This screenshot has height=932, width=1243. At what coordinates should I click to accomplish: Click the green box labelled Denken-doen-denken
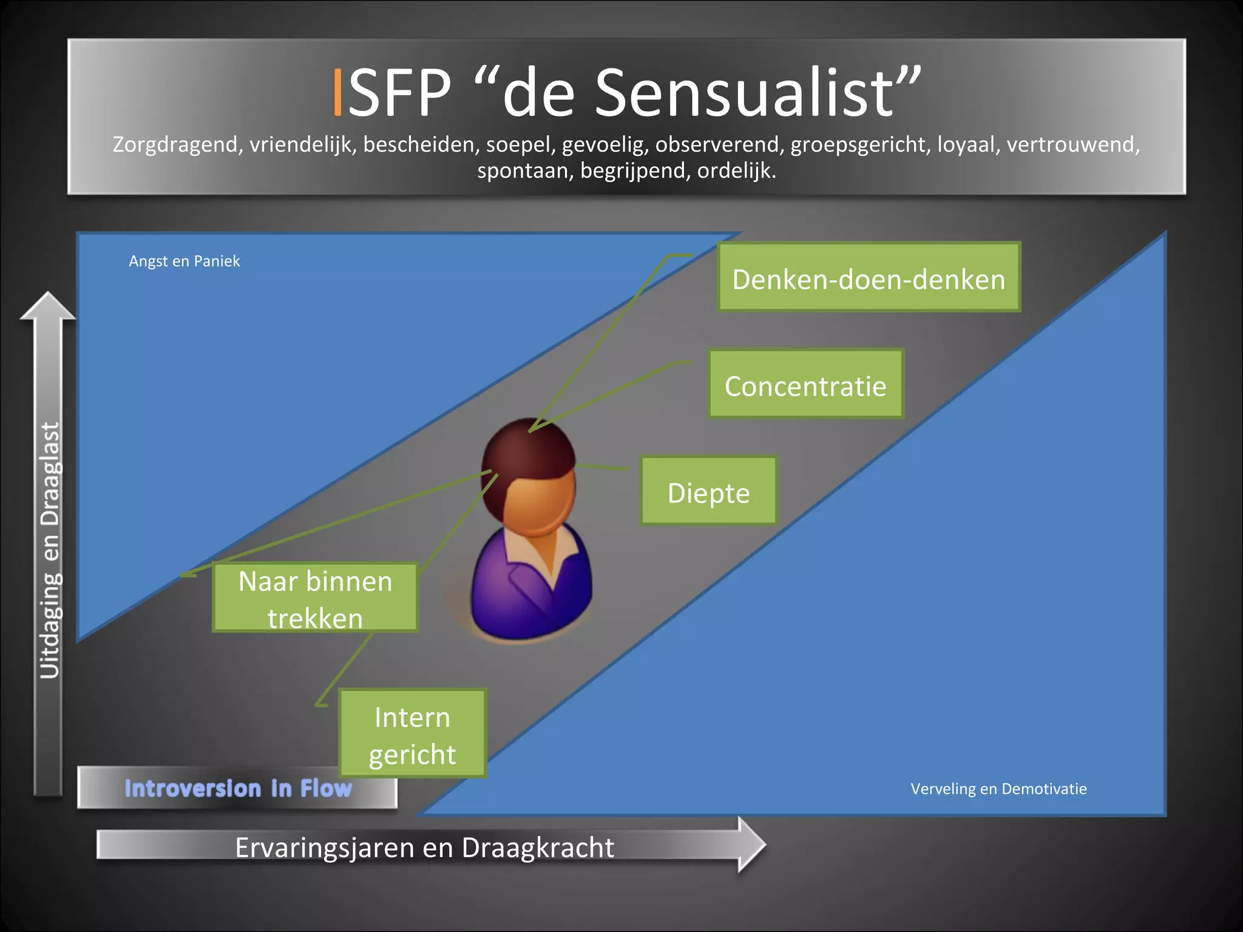click(x=869, y=277)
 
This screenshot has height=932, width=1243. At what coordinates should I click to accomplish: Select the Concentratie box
click(x=805, y=384)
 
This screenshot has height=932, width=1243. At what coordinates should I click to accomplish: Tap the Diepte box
click(x=708, y=491)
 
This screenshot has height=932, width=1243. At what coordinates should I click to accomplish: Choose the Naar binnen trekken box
click(x=315, y=598)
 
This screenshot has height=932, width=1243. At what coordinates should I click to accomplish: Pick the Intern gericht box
click(x=412, y=734)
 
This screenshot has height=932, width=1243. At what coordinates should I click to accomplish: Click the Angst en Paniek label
click(x=184, y=261)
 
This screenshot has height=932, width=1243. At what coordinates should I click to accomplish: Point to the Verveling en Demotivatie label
click(x=998, y=789)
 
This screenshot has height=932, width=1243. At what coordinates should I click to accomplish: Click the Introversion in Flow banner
click(x=238, y=788)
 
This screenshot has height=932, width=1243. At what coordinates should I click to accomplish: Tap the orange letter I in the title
click(x=338, y=92)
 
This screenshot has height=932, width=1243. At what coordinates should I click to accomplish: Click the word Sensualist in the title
click(x=744, y=92)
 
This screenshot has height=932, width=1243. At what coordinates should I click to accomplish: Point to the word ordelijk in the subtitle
click(x=736, y=171)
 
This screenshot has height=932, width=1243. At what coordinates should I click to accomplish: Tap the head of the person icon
click(x=529, y=473)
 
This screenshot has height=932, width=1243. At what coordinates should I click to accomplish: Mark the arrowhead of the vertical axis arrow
click(x=47, y=306)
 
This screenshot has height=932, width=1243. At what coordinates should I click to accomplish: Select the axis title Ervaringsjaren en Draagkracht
click(x=424, y=847)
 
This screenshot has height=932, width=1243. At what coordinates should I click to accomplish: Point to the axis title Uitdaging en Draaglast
click(x=50, y=550)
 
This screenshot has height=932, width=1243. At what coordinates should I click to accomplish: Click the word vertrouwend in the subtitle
click(x=1073, y=144)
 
